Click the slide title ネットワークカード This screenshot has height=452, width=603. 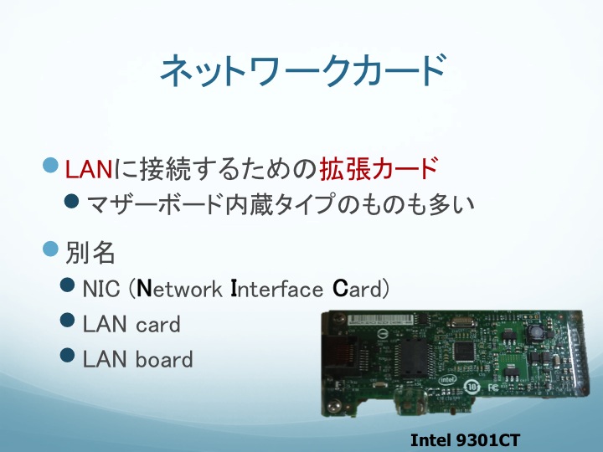303,70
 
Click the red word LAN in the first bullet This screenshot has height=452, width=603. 89,169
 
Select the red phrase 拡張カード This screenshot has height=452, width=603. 379,168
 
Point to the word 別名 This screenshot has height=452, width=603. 90,253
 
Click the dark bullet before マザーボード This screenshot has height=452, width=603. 71,201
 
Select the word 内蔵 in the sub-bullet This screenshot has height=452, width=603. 250,203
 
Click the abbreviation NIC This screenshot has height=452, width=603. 101,288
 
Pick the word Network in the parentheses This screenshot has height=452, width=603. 179,289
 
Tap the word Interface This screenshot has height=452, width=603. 276,289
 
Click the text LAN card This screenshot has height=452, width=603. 131,324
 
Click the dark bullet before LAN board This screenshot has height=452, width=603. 67,355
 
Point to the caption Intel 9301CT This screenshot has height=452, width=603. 465,440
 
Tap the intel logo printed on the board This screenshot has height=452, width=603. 447,380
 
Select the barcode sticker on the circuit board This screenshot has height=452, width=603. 382,320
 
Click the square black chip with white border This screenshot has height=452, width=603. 464,351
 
